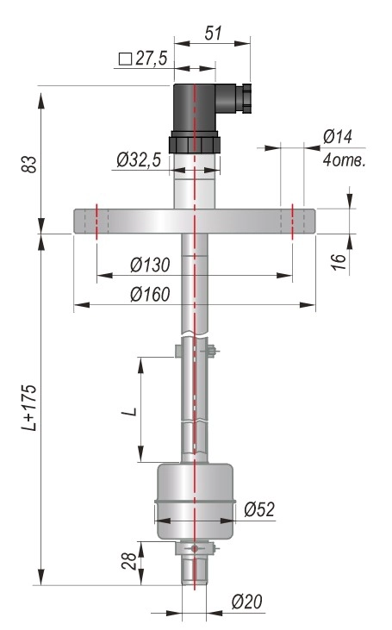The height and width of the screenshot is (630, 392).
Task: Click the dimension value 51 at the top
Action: pos(213,33)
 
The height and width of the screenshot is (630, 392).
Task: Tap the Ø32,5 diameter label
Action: pos(139,160)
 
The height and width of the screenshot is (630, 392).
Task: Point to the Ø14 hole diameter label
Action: pos(338,137)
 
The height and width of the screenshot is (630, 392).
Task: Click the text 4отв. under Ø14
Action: pos(345,160)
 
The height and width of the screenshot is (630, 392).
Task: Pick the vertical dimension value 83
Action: pos(29,165)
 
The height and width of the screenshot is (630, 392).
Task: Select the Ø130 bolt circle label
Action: pos(150,265)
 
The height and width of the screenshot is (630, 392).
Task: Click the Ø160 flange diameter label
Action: pos(150,295)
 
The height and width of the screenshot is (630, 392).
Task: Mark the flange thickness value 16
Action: pos(339,261)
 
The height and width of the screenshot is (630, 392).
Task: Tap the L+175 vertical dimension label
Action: pos(29,408)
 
